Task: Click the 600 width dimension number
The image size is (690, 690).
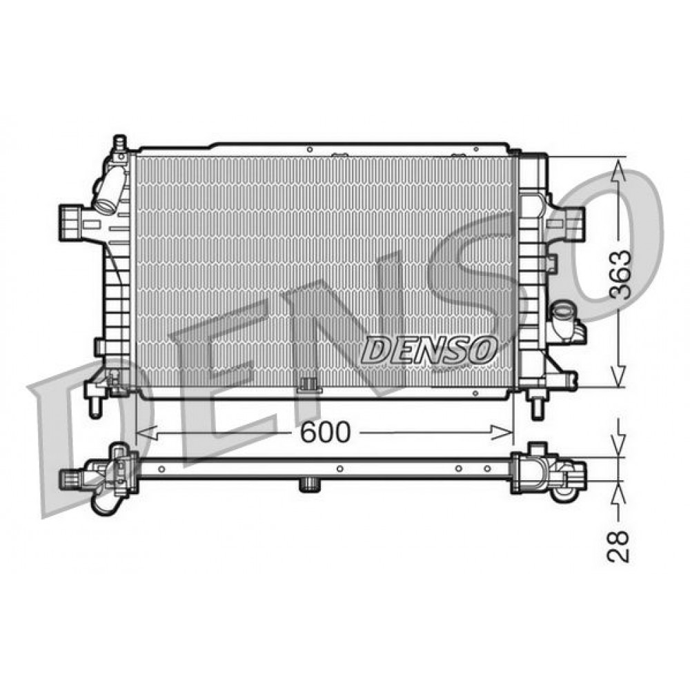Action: click(x=325, y=432)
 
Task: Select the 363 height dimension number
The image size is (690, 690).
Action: click(x=620, y=273)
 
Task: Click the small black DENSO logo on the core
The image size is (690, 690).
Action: click(x=429, y=349)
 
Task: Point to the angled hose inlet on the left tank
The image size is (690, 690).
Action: click(x=108, y=194)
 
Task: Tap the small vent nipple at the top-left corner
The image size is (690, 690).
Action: click(x=119, y=142)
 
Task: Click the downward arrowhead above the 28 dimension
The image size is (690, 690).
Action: click(x=619, y=448)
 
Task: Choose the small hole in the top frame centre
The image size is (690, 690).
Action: click(x=310, y=149)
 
